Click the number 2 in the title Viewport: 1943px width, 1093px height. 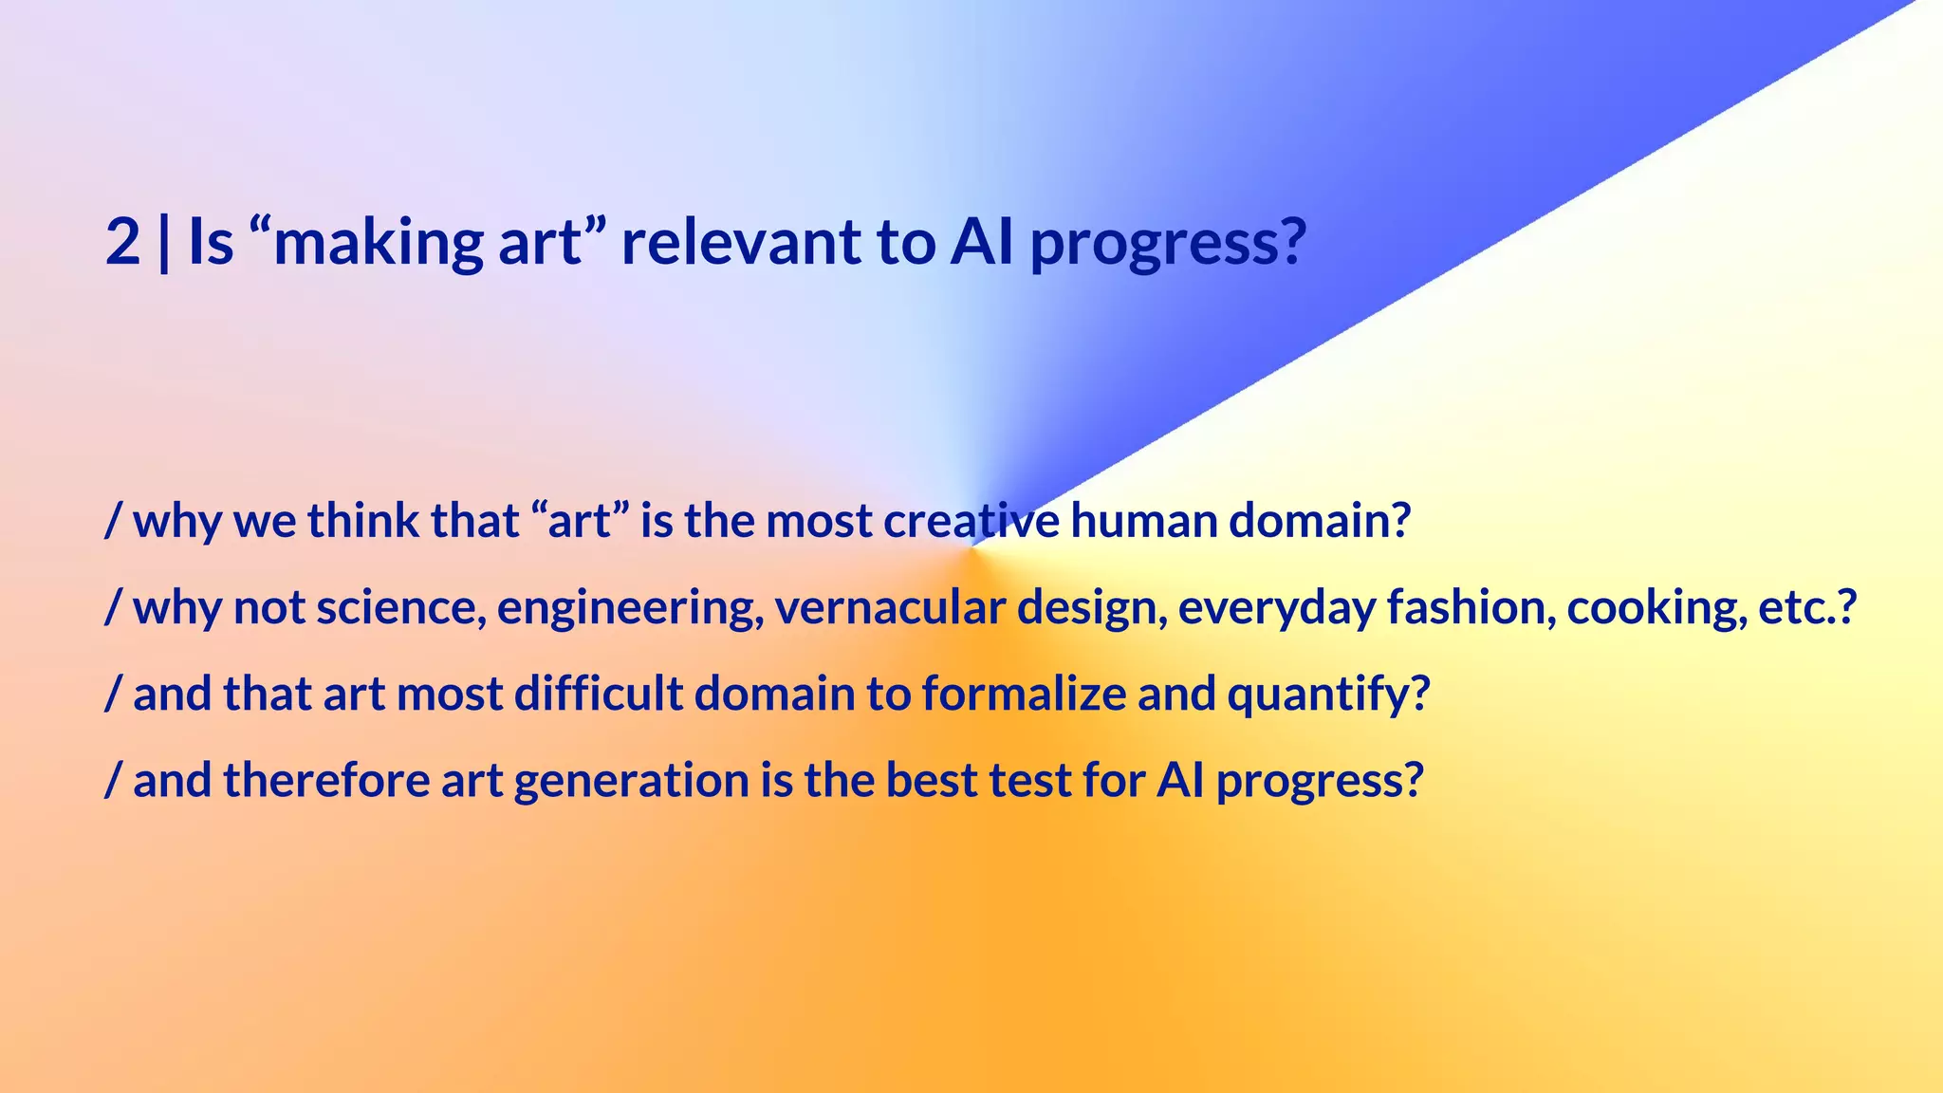(123, 242)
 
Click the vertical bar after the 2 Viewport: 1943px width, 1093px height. (164, 242)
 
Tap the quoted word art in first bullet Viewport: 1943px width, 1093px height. (580, 521)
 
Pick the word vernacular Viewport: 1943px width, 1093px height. (889, 608)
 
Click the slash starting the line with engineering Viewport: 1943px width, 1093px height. (113, 608)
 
